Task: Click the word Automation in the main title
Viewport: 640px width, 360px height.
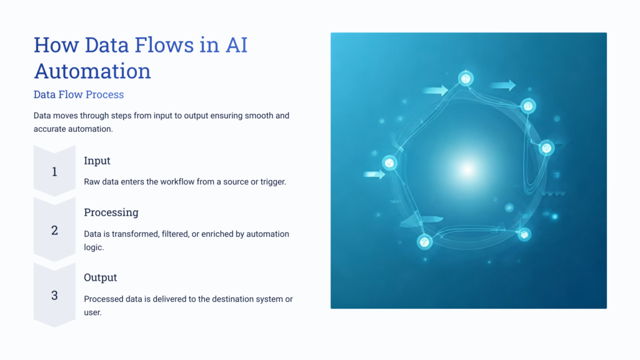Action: coord(92,71)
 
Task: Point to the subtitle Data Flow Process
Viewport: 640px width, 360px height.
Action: coord(79,95)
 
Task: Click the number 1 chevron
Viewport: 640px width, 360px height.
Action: coord(54,171)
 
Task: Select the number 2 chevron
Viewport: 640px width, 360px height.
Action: coord(54,230)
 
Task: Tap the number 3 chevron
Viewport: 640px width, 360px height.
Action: coord(54,295)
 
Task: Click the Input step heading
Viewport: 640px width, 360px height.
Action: coord(97,161)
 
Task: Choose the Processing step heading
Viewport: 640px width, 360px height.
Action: coord(111,212)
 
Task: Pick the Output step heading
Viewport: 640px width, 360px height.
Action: coord(101,277)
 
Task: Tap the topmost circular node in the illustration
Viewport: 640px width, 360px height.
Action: coord(466,78)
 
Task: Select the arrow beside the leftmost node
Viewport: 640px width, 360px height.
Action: coord(374,175)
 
